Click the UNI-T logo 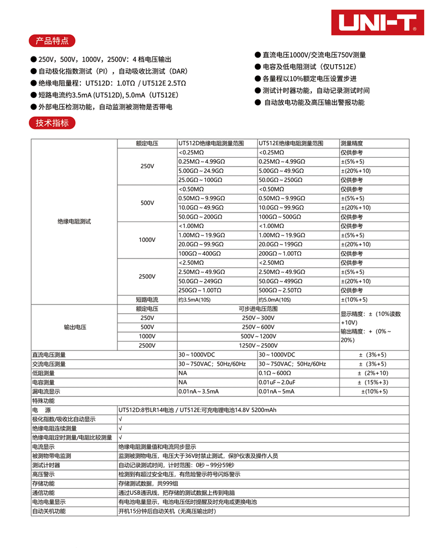coord(377,22)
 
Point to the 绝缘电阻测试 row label coord(74,221)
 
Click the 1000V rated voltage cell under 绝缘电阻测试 coord(147,240)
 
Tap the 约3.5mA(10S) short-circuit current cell coord(195,299)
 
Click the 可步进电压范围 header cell coord(257,309)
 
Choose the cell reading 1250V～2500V coord(257,345)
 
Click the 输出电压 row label coord(74,327)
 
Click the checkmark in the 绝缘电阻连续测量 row coord(120,428)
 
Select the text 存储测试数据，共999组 coord(147,483)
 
